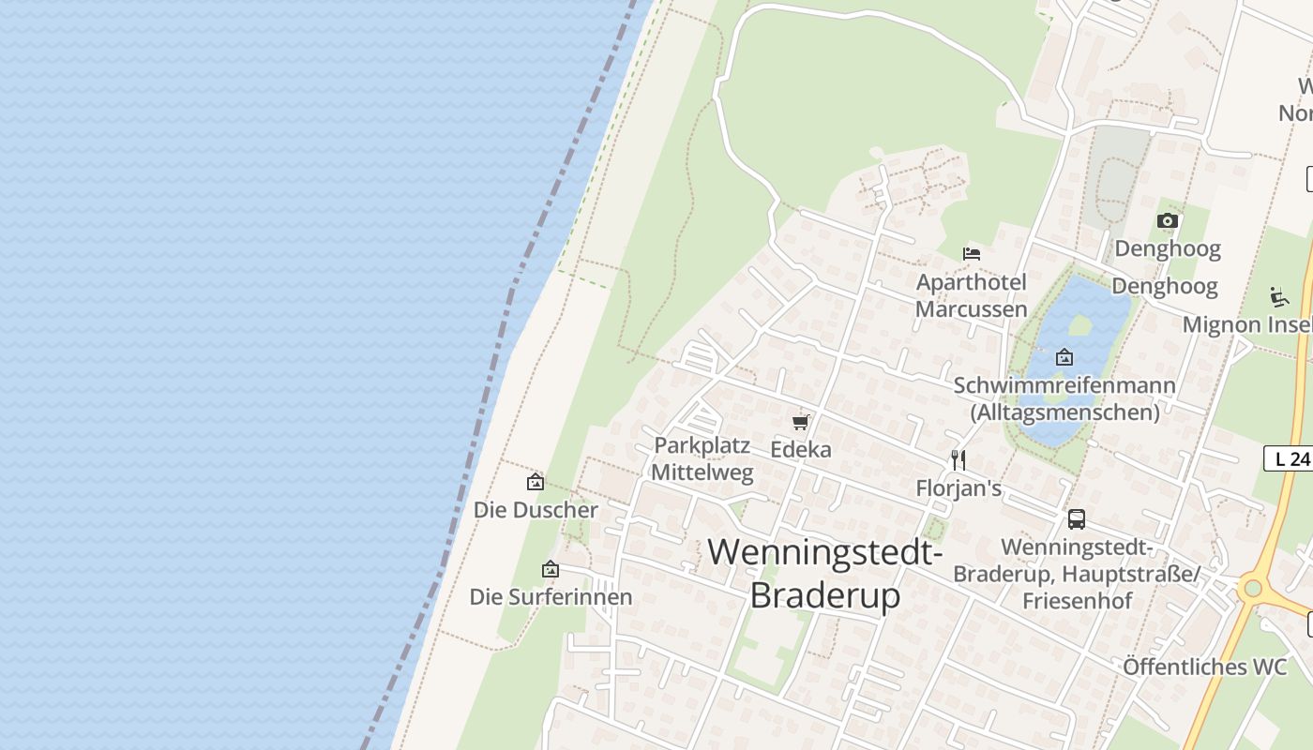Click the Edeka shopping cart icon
pyautogui.click(x=800, y=422)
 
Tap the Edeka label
pyautogui.click(x=801, y=450)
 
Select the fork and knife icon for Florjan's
pyautogui.click(x=958, y=459)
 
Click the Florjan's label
pyautogui.click(x=958, y=488)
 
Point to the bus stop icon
pyautogui.click(x=1077, y=518)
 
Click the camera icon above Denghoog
pyautogui.click(x=1167, y=221)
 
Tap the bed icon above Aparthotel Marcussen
pyautogui.click(x=972, y=253)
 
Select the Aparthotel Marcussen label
pyautogui.click(x=972, y=295)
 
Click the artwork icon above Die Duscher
pyautogui.click(x=536, y=482)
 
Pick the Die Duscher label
pyautogui.click(x=536, y=510)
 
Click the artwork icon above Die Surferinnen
pyautogui.click(x=551, y=569)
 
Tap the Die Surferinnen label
pyautogui.click(x=551, y=597)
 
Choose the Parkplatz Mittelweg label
pyautogui.click(x=702, y=458)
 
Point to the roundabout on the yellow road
pyautogui.click(x=1251, y=589)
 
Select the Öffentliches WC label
pyautogui.click(x=1205, y=667)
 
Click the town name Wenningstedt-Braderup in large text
pyautogui.click(x=825, y=573)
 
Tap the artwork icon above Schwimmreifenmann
pyautogui.click(x=1064, y=357)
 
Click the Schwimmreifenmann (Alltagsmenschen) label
pyautogui.click(x=1064, y=398)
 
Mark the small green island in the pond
pyautogui.click(x=1080, y=324)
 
